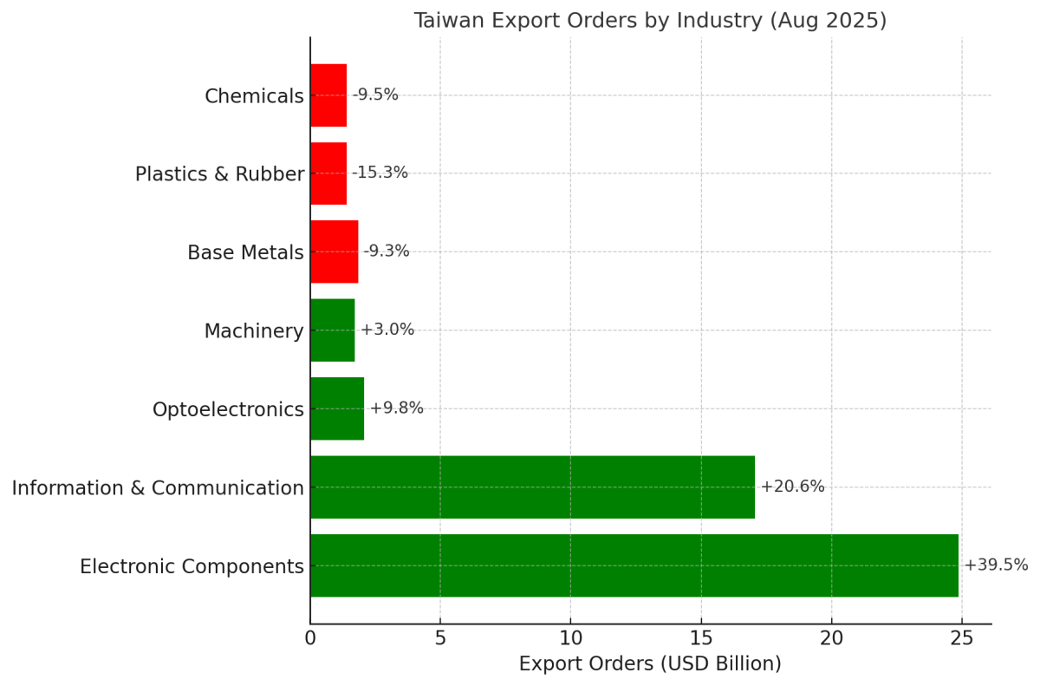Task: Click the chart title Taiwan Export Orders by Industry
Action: point(650,21)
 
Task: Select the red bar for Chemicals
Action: point(328,95)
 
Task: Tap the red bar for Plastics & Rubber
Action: point(328,173)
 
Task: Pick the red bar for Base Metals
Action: point(334,252)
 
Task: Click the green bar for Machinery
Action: point(332,330)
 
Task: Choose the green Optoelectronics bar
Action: point(337,408)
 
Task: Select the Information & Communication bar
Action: point(532,487)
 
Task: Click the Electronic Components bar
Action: point(634,565)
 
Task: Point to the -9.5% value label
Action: point(375,95)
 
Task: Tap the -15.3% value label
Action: point(380,173)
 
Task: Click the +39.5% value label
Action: point(996,565)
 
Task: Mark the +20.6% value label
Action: point(792,487)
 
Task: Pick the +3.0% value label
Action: point(387,330)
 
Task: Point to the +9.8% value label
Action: point(396,408)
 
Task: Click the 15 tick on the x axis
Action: point(701,639)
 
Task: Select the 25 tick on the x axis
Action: point(961,639)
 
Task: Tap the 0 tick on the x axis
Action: point(310,639)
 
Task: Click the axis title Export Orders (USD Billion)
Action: point(650,664)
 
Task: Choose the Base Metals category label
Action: point(245,252)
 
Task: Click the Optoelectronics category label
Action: point(228,409)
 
